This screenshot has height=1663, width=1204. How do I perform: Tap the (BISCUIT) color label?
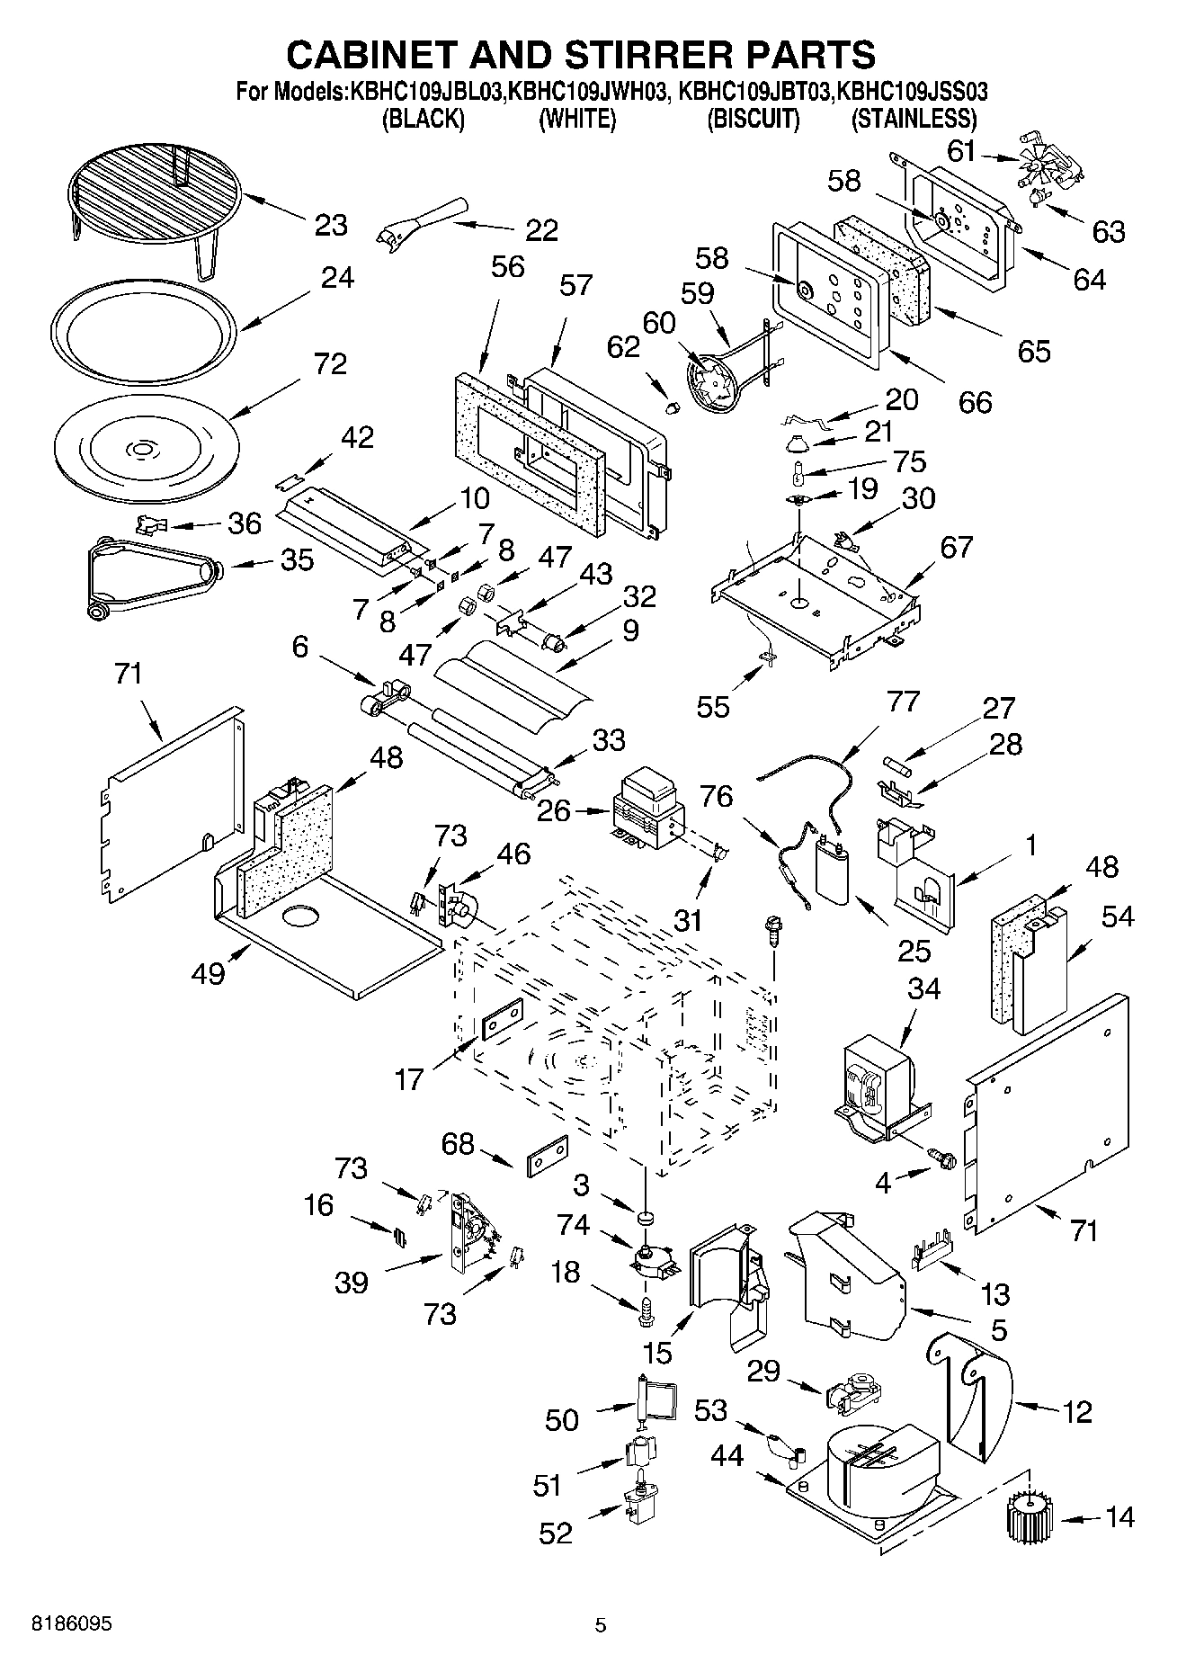point(753,119)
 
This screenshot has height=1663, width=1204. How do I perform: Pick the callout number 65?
point(1033,351)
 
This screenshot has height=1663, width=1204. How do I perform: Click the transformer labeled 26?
point(646,809)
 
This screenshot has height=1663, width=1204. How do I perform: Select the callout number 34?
point(923,988)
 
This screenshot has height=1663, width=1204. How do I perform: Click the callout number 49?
point(208,972)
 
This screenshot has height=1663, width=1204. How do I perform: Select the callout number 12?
point(1075,1411)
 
